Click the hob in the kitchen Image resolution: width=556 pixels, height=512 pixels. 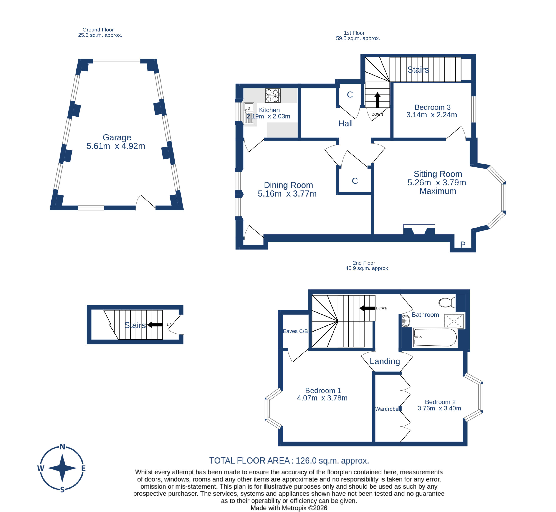tap(273, 96)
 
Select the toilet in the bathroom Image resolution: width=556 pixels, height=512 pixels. tap(447, 302)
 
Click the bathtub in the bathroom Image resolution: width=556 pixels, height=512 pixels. tap(435, 337)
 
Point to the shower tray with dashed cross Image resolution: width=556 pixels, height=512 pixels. tap(454, 321)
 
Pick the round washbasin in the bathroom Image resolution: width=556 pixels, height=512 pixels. tap(406, 321)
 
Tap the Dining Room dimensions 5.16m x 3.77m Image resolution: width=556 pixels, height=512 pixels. tap(287, 194)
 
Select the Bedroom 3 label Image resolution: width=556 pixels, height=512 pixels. tap(432, 107)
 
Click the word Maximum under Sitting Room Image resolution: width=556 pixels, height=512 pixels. tap(438, 191)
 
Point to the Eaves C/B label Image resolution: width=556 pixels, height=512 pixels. tap(295, 331)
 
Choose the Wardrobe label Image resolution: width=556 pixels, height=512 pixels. tap(387, 409)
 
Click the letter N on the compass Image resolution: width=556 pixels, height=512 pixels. tap(62, 447)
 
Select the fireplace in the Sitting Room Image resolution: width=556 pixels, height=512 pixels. tap(419, 230)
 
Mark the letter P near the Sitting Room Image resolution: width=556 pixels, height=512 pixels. tap(463, 244)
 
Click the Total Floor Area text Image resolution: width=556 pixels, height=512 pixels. tap(289, 461)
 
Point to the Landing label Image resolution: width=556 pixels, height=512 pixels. tap(385, 361)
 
